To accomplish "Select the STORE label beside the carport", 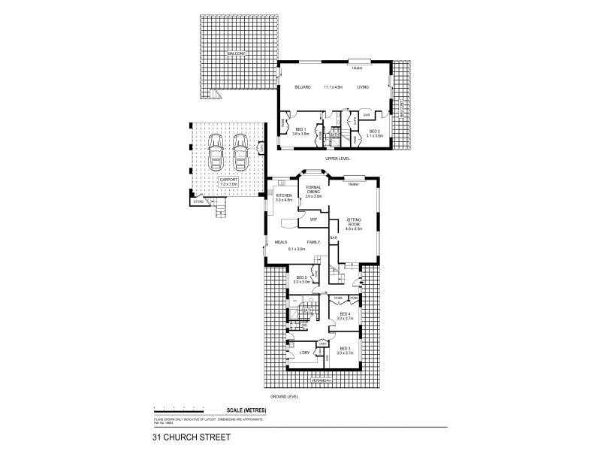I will [x=198, y=201].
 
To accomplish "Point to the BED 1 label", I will [x=299, y=129].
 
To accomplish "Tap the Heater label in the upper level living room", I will [x=357, y=68].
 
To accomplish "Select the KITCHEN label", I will [x=283, y=195].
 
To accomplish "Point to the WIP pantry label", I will [x=314, y=219].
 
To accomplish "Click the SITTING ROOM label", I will [x=355, y=225].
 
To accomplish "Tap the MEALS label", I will [x=282, y=242].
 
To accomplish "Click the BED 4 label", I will [x=345, y=314].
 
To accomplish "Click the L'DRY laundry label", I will [x=304, y=353].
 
